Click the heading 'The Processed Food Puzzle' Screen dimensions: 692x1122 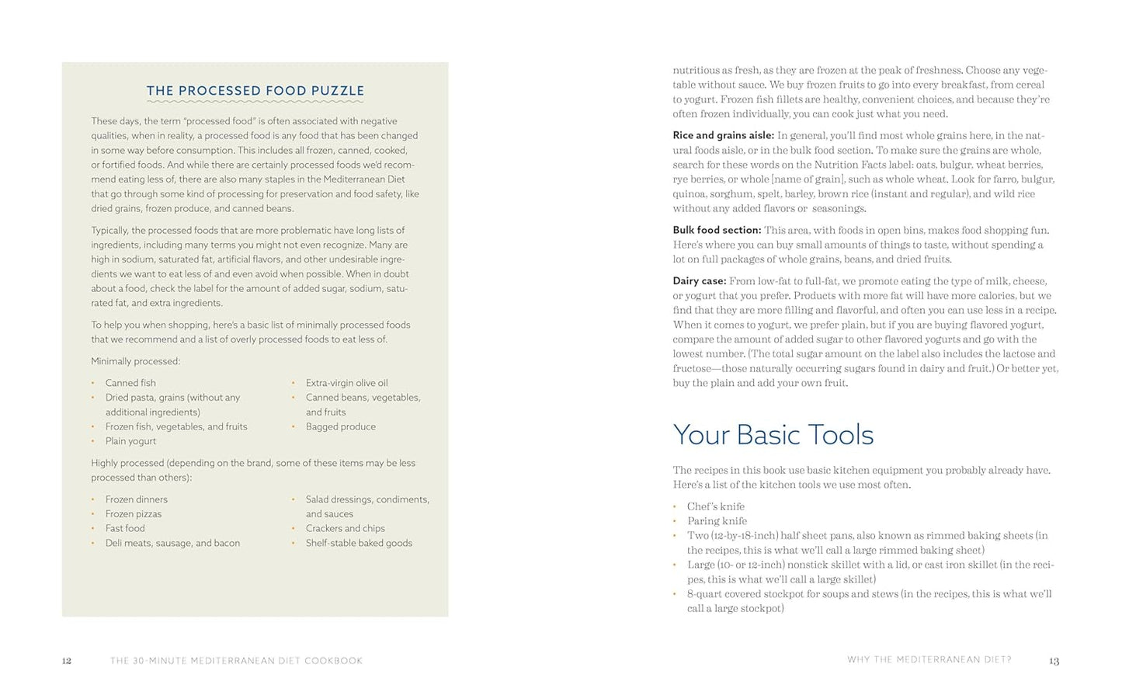pyautogui.click(x=255, y=91)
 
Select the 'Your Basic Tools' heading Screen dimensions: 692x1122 pyautogui.click(x=773, y=435)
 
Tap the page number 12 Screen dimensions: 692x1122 pyautogui.click(x=67, y=661)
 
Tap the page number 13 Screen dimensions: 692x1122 pyautogui.click(x=1054, y=661)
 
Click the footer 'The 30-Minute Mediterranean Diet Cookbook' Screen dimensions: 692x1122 pyautogui.click(x=236, y=661)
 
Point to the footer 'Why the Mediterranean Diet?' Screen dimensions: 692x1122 pyautogui.click(x=929, y=660)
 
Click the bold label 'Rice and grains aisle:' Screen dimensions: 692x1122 pyautogui.click(x=723, y=136)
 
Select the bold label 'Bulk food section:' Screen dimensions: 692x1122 pyautogui.click(x=717, y=231)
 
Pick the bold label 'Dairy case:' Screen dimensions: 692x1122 pyautogui.click(x=700, y=281)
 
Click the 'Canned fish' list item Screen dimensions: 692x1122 pyautogui.click(x=130, y=383)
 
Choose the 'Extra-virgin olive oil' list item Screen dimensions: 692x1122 pyautogui.click(x=346, y=383)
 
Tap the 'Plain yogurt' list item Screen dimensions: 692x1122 pyautogui.click(x=130, y=441)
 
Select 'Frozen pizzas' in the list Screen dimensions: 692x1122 pyautogui.click(x=134, y=514)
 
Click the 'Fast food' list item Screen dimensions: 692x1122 pyautogui.click(x=125, y=529)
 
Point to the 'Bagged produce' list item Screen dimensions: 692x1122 pyautogui.click(x=340, y=427)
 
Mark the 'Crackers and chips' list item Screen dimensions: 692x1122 pyautogui.click(x=345, y=529)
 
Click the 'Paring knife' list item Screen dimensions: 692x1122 pyautogui.click(x=717, y=521)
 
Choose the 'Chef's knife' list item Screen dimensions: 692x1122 pyautogui.click(x=715, y=506)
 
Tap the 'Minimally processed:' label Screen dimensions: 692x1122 pyautogui.click(x=135, y=361)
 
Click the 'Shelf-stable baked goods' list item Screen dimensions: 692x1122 pyautogui.click(x=359, y=544)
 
